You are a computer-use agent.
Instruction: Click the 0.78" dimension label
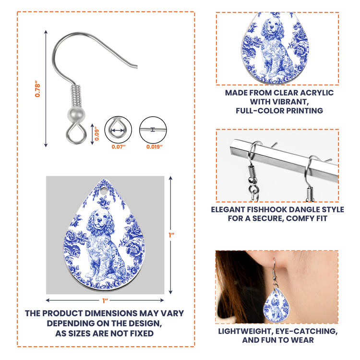[37, 89]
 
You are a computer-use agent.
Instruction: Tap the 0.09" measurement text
[96, 133]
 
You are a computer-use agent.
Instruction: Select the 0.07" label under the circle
[119, 147]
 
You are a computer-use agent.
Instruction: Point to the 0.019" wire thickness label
[155, 147]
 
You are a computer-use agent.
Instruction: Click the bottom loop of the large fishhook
[76, 133]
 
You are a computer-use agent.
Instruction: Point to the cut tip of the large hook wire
[136, 67]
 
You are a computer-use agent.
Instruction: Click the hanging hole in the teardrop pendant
[104, 191]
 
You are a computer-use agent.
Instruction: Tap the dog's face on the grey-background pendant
[99, 219]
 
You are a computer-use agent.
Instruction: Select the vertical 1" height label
[171, 235]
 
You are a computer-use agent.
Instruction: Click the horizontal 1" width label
[106, 300]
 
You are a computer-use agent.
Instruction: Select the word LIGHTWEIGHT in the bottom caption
[245, 331]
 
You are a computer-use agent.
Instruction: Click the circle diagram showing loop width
[118, 130]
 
